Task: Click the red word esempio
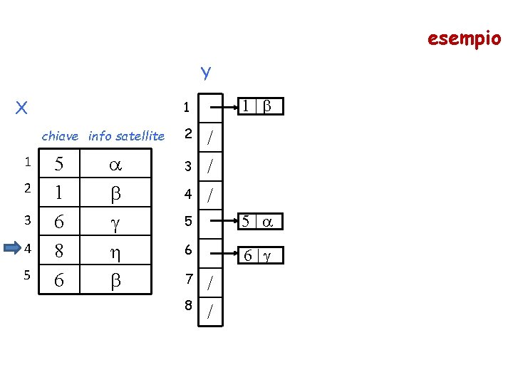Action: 464,38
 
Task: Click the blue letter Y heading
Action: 205,73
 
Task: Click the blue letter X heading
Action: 22,108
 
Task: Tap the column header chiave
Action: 61,135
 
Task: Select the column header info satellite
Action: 126,135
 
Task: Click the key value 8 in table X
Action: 59,251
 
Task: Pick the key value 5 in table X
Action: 59,165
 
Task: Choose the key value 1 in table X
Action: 59,192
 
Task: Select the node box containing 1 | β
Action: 259,106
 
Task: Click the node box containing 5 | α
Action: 259,222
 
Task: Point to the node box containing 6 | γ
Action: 259,255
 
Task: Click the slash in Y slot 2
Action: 210,138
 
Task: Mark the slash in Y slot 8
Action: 210,312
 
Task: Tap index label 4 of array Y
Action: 187,193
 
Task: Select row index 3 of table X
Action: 26,220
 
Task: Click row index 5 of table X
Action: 26,275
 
